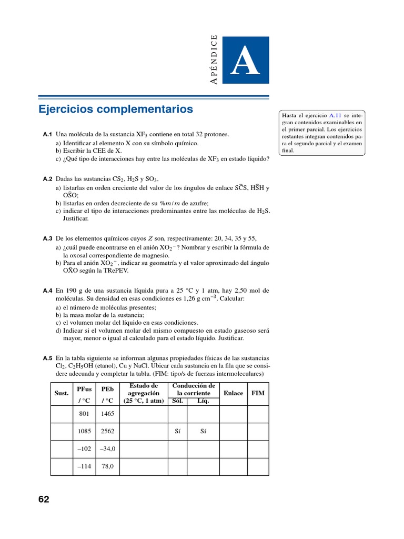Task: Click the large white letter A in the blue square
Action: click(246, 62)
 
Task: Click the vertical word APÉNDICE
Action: click(213, 59)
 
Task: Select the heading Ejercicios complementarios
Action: click(116, 109)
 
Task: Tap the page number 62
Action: click(44, 500)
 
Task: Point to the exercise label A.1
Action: click(47, 134)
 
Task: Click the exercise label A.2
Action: click(47, 179)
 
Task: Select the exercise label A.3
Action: click(47, 238)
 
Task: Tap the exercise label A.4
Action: click(47, 291)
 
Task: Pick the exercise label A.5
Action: click(47, 358)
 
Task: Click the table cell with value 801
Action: click(84, 414)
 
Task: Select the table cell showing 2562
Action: click(107, 431)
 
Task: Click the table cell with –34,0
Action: click(107, 448)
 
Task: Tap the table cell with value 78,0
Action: click(107, 466)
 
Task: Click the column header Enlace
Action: click(233, 393)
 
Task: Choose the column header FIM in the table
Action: click(258, 393)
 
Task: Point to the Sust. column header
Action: click(62, 393)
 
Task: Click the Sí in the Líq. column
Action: click(203, 431)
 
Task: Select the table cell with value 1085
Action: click(84, 431)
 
